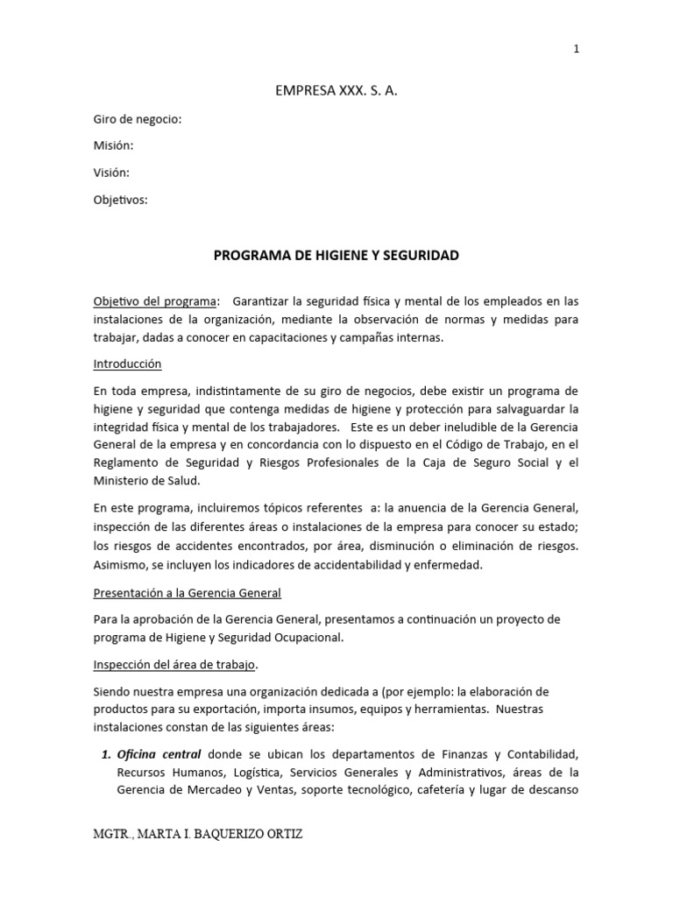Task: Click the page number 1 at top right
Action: [576, 49]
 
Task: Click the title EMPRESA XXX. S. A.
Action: [336, 90]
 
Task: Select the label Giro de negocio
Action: [138, 120]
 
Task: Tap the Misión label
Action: [114, 146]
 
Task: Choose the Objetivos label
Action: [121, 200]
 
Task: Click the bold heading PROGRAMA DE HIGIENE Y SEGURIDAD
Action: [336, 257]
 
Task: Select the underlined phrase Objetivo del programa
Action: [155, 301]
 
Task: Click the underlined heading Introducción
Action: [128, 364]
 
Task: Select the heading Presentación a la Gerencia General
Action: [188, 593]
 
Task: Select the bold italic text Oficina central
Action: [159, 754]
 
